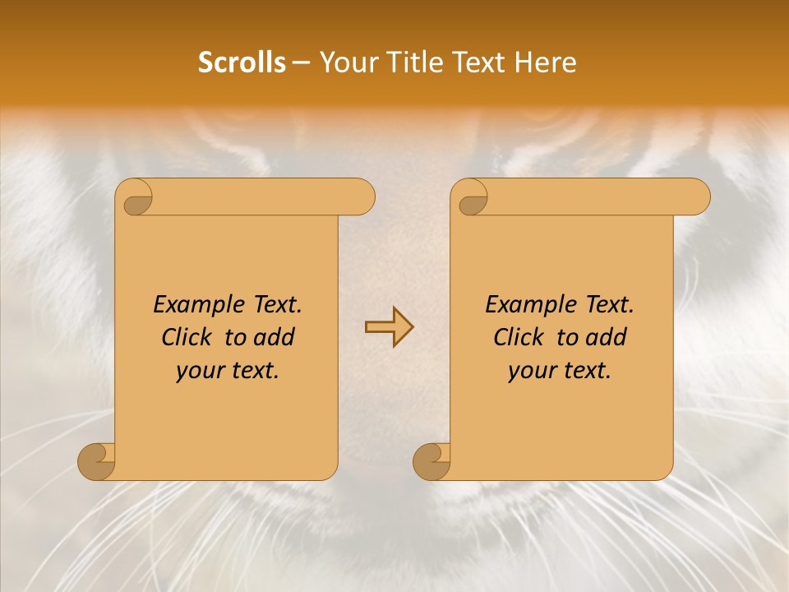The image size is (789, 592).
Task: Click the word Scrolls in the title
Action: click(242, 62)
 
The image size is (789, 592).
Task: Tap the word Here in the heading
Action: click(545, 62)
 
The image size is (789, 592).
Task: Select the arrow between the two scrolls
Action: click(389, 327)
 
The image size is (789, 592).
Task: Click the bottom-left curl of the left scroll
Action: click(97, 460)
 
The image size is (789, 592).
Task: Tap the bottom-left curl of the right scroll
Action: click(431, 460)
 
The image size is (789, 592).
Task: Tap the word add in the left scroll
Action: click(275, 337)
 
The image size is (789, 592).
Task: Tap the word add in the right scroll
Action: click(607, 337)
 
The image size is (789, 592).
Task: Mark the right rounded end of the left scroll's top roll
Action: click(362, 197)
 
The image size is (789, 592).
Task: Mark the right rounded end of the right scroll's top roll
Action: click(698, 197)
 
